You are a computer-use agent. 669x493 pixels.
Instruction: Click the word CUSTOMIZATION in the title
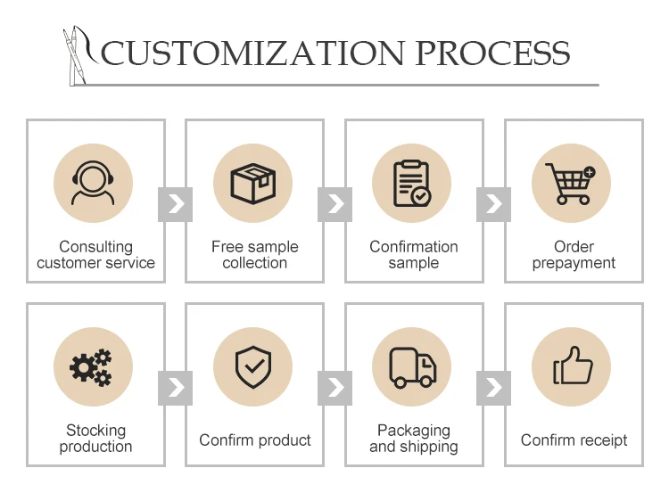pyautogui.click(x=254, y=53)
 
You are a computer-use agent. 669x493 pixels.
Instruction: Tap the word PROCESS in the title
pyautogui.click(x=493, y=53)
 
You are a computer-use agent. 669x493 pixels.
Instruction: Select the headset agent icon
pyautogui.click(x=93, y=185)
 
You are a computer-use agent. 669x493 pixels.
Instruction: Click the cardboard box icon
pyautogui.click(x=253, y=185)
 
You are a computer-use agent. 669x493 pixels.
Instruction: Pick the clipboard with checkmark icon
pyautogui.click(x=412, y=185)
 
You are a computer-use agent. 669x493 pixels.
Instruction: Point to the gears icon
pyautogui.click(x=93, y=367)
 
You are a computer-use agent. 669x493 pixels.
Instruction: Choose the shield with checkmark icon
pyautogui.click(x=253, y=367)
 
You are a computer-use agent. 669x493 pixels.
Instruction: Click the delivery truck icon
pyautogui.click(x=412, y=367)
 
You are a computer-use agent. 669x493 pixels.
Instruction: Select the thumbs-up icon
pyautogui.click(x=571, y=367)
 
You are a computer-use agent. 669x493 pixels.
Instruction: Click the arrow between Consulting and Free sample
pyautogui.click(x=175, y=204)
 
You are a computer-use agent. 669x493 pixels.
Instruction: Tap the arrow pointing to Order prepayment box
pyautogui.click(x=493, y=204)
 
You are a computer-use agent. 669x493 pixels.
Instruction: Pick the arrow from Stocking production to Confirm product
pyautogui.click(x=175, y=387)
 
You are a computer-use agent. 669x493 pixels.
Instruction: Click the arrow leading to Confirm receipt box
pyautogui.click(x=493, y=387)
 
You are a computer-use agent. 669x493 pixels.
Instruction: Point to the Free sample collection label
pyautogui.click(x=254, y=255)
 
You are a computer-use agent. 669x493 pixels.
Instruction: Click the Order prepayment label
pyautogui.click(x=574, y=255)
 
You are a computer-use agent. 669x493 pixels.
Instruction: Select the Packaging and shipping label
pyautogui.click(x=413, y=439)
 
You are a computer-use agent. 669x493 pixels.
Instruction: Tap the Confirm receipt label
pyautogui.click(x=574, y=440)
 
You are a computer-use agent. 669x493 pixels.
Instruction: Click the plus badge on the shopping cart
pyautogui.click(x=589, y=172)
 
